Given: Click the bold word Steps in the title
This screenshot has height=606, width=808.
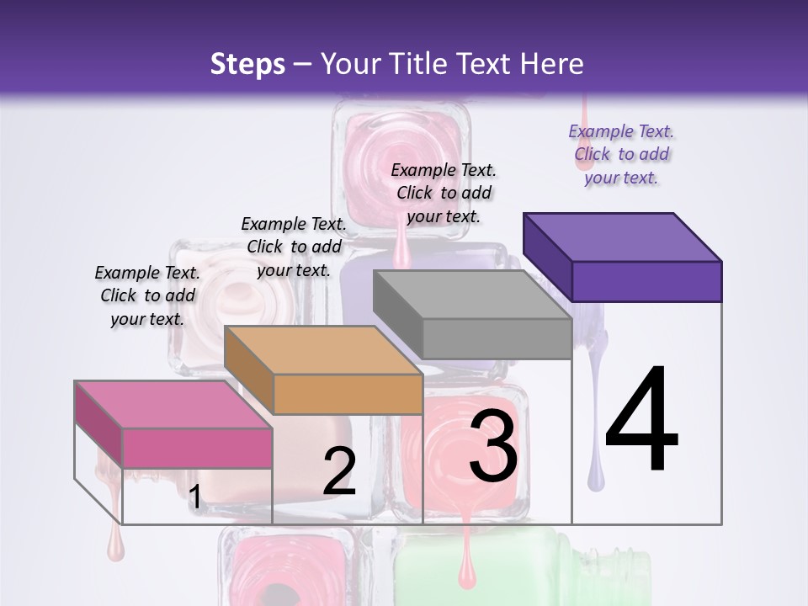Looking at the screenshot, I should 247,64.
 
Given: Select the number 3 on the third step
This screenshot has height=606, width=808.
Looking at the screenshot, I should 493,446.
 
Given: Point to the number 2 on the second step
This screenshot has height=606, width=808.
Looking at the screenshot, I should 339,471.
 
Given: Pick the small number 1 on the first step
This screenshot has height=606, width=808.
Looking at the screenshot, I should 194,497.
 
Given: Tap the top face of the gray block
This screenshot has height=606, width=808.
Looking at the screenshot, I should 472,295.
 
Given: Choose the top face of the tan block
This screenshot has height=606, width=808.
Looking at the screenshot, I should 323,350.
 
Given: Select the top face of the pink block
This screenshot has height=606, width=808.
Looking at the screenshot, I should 173,405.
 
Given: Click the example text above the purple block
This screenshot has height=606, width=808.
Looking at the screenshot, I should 621,154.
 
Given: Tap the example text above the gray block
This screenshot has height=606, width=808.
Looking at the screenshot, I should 444,193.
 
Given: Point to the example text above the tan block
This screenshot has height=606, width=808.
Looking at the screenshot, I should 294,247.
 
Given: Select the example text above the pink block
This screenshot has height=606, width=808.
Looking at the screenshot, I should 147,295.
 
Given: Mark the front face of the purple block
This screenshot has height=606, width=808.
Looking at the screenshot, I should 646,281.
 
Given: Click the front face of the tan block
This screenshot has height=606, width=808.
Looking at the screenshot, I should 348,394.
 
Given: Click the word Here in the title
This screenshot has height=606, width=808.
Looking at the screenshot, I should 551,64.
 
